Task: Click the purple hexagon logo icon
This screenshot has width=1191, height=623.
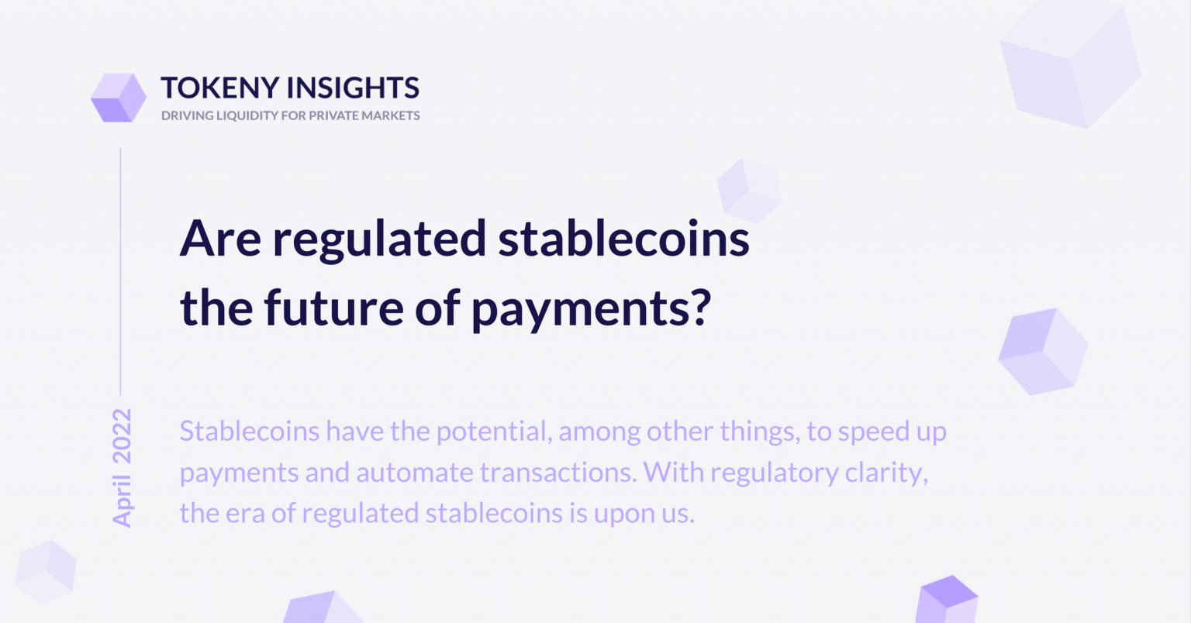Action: coord(119,98)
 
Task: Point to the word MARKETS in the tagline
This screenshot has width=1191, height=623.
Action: coord(391,116)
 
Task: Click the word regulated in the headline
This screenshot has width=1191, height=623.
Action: coord(380,240)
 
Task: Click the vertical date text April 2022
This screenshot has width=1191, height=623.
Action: coord(122,468)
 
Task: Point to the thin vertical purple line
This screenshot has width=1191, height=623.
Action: coord(121,271)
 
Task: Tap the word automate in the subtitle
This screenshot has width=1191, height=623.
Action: coord(415,473)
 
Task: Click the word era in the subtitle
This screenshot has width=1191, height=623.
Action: coord(244,514)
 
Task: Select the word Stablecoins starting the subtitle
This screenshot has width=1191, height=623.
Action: coord(250,431)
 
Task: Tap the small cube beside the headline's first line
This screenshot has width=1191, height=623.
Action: coord(750,191)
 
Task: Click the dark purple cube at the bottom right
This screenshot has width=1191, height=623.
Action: coord(947,599)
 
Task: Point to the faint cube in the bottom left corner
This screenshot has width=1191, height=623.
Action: coord(47,571)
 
